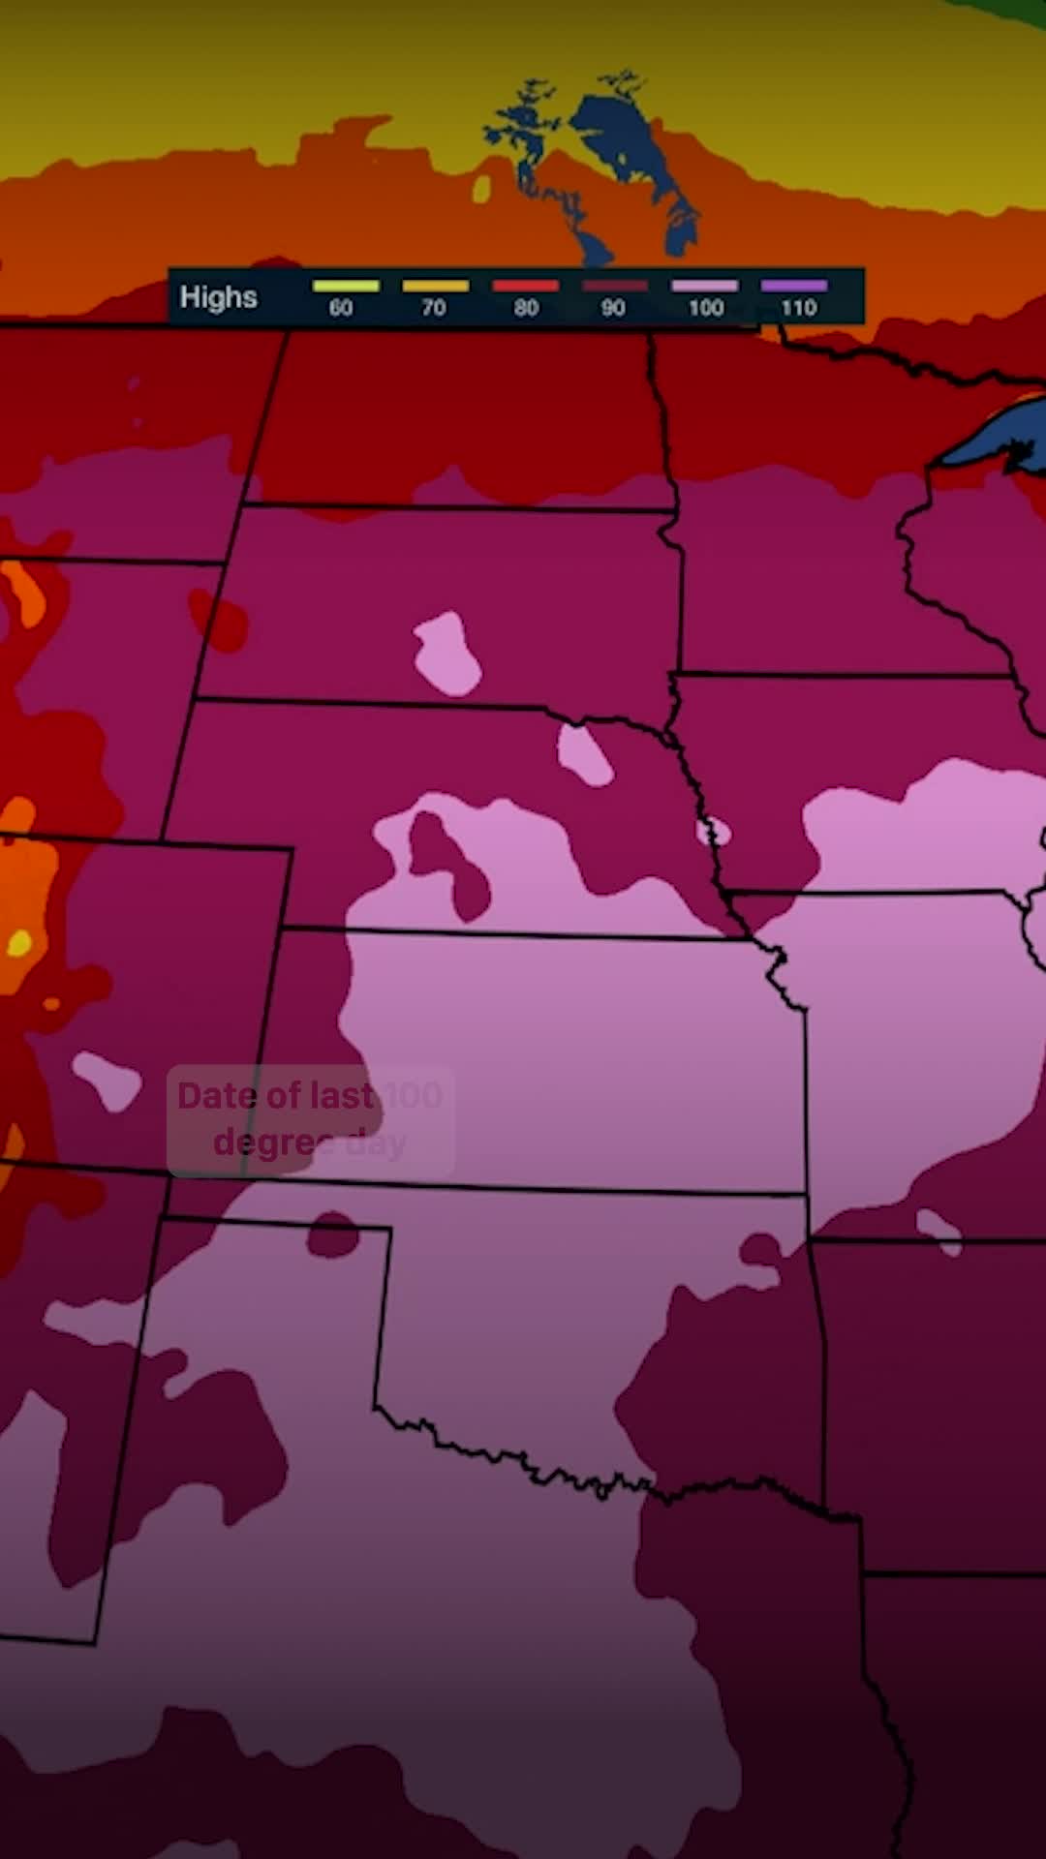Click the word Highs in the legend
click(x=218, y=297)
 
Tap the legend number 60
click(x=341, y=308)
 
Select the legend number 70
click(x=433, y=308)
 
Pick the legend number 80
click(x=526, y=308)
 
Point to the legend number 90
click(x=613, y=308)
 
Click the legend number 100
click(x=706, y=308)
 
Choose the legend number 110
click(x=799, y=308)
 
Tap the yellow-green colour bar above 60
click(x=346, y=286)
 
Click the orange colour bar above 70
click(x=435, y=286)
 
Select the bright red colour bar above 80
click(x=525, y=286)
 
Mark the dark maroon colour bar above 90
click(x=614, y=286)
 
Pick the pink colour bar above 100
click(x=704, y=286)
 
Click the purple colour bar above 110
click(x=794, y=286)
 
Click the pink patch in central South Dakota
click(x=446, y=654)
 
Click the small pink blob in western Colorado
click(x=107, y=1080)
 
